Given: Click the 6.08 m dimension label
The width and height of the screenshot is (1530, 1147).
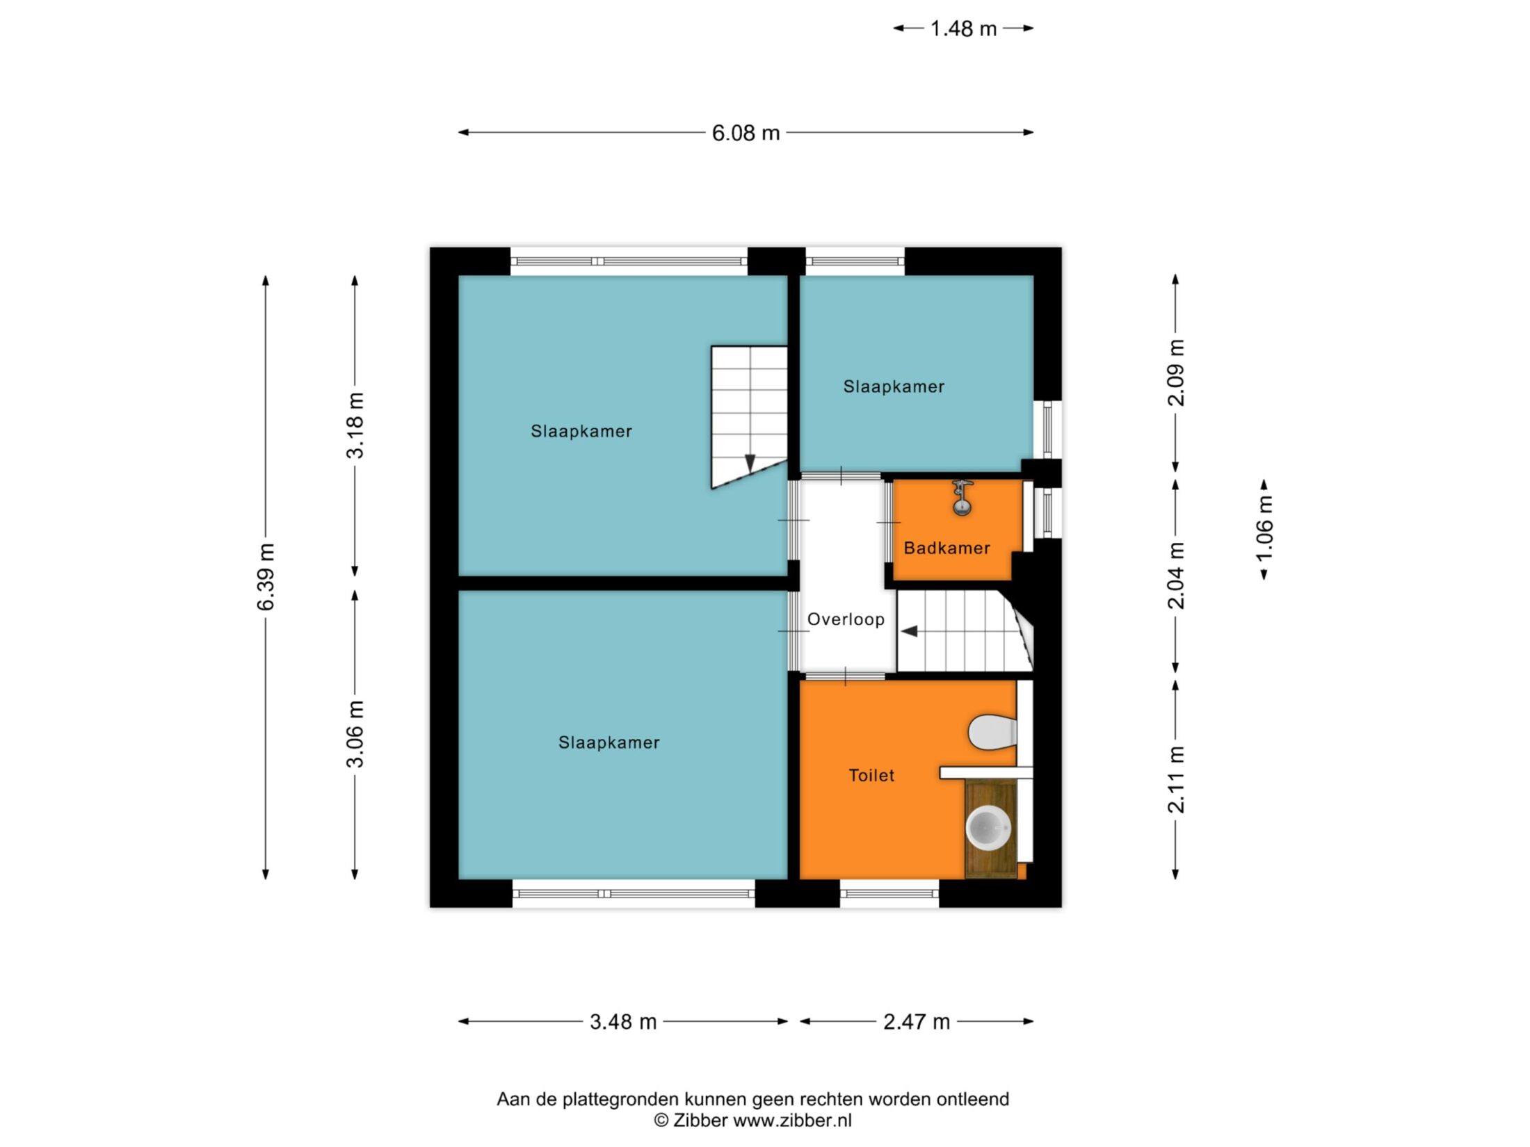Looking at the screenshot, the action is click(746, 133).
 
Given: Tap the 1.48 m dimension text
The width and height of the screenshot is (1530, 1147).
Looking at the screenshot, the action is click(963, 29).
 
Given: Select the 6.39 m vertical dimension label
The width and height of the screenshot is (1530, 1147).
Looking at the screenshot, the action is click(266, 577).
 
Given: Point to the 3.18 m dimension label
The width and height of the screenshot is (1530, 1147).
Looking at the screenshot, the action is click(355, 425).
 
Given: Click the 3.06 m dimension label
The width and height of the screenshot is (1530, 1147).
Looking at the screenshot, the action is click(355, 734).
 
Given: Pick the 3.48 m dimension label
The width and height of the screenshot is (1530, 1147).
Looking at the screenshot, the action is click(623, 1022).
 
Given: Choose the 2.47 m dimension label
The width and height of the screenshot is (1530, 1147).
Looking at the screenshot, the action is click(917, 1022).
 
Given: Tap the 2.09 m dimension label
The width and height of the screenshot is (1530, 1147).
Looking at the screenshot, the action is click(1176, 373).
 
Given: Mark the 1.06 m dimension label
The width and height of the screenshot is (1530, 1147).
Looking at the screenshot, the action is click(1264, 528).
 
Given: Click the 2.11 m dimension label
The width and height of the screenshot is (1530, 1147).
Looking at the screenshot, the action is click(1176, 780).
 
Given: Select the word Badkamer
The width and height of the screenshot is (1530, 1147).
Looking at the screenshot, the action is click(947, 548).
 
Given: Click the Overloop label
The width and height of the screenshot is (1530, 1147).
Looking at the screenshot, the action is click(846, 619).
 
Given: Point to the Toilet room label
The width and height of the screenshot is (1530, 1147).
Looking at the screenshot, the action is click(871, 775).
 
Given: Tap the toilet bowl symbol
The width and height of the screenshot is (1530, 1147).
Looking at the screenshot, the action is click(992, 731).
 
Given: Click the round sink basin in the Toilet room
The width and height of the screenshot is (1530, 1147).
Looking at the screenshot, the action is click(988, 828).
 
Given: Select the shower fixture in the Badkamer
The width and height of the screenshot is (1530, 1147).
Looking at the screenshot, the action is click(962, 498).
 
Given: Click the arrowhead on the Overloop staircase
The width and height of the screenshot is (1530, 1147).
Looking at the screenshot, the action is click(910, 631).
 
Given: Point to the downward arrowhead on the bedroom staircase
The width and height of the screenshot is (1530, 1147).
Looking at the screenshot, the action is click(750, 463).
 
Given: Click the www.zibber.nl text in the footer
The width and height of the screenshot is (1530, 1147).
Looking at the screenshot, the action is click(792, 1121).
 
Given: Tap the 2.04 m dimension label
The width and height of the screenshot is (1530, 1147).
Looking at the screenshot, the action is click(1176, 576).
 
